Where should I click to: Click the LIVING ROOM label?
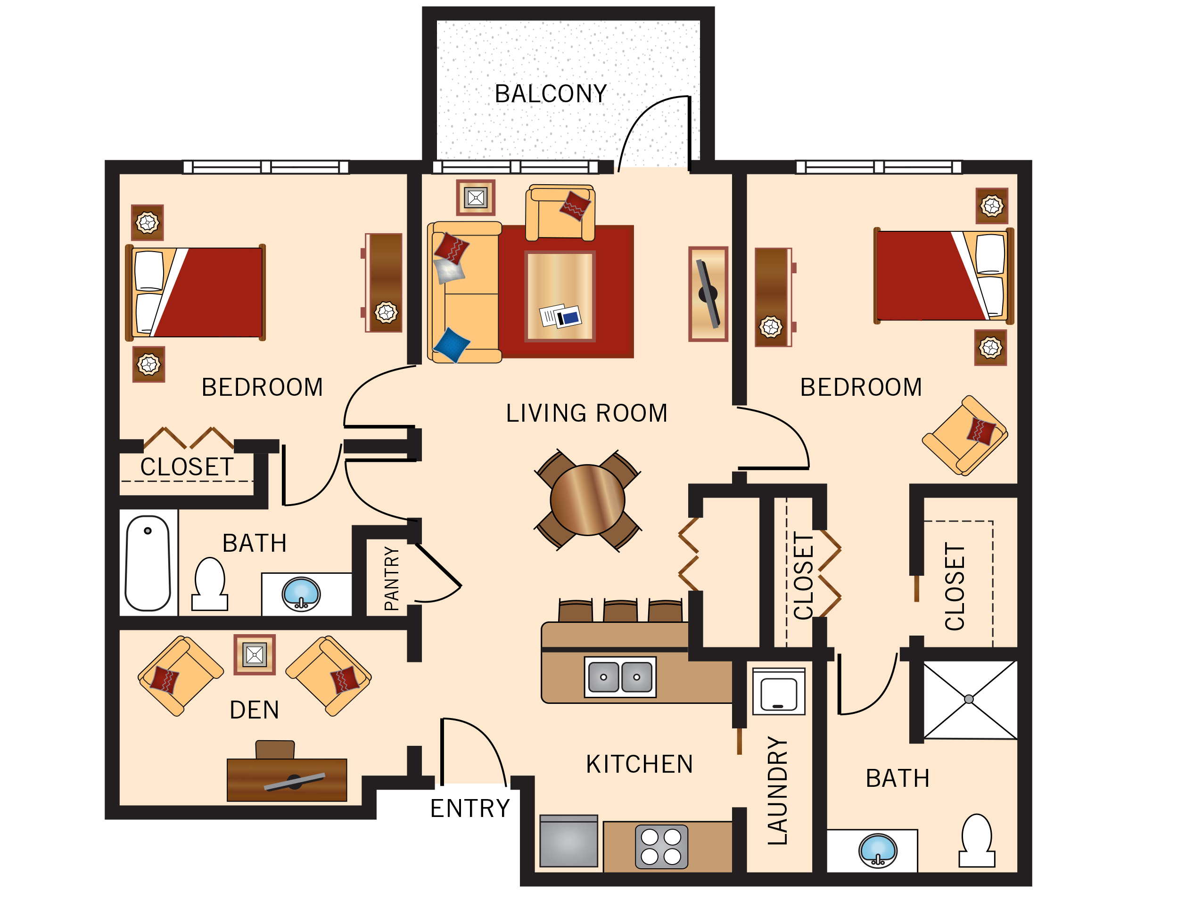[586, 413]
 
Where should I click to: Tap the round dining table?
[587, 500]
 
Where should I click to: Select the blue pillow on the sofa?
[451, 344]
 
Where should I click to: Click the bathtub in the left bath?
[148, 563]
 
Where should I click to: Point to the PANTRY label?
[392, 579]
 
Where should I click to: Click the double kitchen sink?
[620, 677]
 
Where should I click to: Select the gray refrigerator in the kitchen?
[568, 841]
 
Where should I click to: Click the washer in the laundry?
[778, 692]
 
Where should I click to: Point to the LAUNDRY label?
[778, 791]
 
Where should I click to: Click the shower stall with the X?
[970, 700]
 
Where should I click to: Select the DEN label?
[255, 710]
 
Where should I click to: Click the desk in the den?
[287, 780]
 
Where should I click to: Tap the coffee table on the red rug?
[560, 296]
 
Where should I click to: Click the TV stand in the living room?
[708, 294]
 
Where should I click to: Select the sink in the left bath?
[301, 594]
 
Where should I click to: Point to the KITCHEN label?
[640, 764]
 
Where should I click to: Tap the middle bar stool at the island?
[620, 612]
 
